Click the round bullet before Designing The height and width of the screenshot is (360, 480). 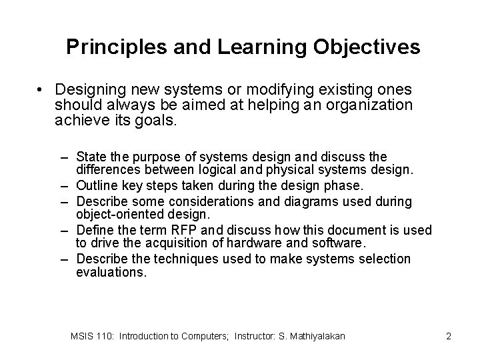pos(41,90)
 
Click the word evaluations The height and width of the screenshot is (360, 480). pos(111,272)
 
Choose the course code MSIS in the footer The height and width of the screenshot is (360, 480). pos(83,337)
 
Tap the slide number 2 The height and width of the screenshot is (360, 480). pos(449,337)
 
